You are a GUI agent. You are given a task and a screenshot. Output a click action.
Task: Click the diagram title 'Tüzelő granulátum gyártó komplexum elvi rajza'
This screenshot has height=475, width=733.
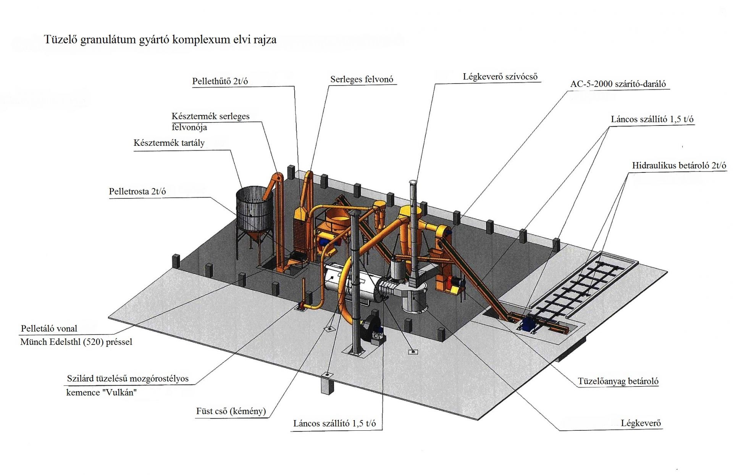coord(160,40)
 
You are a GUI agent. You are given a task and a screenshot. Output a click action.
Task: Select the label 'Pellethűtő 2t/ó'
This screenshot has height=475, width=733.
coord(220,81)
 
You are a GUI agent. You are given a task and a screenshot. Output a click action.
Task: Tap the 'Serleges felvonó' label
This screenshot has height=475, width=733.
coord(361,79)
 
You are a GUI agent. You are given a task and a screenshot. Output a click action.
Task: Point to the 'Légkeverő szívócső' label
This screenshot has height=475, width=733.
coord(500,77)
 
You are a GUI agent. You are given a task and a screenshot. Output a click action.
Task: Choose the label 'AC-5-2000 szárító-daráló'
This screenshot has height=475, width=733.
coord(618,84)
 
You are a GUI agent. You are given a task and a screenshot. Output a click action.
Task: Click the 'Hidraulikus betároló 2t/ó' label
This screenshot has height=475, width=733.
coord(679,166)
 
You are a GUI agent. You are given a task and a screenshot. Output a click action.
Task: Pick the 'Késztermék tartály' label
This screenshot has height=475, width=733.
coord(169,143)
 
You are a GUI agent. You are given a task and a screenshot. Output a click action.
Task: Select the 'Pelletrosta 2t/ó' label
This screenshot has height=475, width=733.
coord(137,192)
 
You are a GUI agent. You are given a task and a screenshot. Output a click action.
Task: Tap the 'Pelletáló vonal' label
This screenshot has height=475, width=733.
coord(49,328)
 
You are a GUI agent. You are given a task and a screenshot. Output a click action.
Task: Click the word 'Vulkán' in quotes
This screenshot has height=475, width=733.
coord(118,393)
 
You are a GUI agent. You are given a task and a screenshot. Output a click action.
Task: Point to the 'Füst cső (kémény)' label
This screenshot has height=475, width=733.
coord(231,411)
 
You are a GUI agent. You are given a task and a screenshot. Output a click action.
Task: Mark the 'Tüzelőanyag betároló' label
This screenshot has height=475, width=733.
coord(618,381)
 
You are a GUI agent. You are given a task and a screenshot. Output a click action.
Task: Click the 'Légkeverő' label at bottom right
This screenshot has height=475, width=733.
coord(640,423)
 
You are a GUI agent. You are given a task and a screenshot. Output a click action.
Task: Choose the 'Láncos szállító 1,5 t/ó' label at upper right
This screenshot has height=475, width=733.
coord(652,119)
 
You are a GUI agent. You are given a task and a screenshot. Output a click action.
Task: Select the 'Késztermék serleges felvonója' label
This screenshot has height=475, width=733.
coord(210,121)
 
